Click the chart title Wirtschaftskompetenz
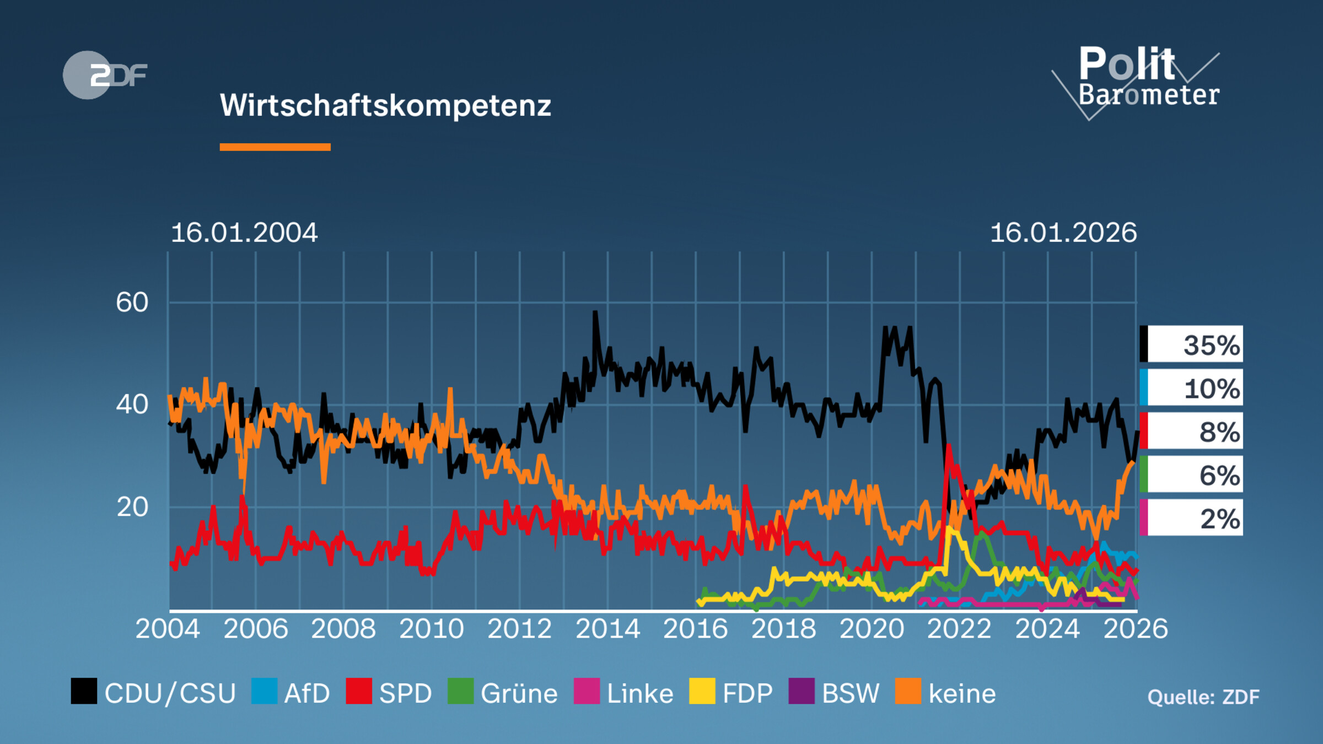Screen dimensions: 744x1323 385,105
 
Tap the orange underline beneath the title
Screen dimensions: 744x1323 275,147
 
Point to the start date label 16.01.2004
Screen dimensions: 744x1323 244,233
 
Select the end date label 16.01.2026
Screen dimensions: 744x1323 1063,233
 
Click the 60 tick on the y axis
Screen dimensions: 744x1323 132,303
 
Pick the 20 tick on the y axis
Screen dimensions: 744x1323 132,507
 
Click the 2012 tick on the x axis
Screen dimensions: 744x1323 519,629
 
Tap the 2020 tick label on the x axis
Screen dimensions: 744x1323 872,629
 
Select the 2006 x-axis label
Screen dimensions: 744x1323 256,629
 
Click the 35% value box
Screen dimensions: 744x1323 1192,344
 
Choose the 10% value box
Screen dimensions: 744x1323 1192,388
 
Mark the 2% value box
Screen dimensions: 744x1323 1192,518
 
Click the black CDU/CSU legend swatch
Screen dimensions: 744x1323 84,691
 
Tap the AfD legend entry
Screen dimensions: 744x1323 291,693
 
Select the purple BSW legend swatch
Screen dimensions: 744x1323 802,691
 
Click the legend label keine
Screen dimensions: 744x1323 962,693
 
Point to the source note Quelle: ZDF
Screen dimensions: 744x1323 1203,697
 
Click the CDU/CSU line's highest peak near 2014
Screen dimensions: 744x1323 595,313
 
